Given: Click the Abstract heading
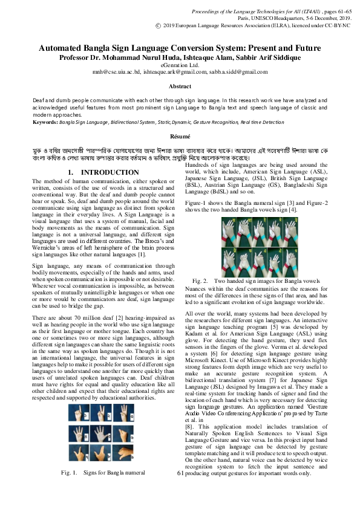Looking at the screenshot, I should (180, 87).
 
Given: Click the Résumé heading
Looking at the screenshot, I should (180, 137).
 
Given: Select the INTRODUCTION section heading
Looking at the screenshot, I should (103, 173).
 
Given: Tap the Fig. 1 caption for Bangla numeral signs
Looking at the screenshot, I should (106, 472).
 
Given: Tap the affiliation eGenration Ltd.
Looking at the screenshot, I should (180, 64).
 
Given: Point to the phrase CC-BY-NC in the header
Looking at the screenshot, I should (335, 26).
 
